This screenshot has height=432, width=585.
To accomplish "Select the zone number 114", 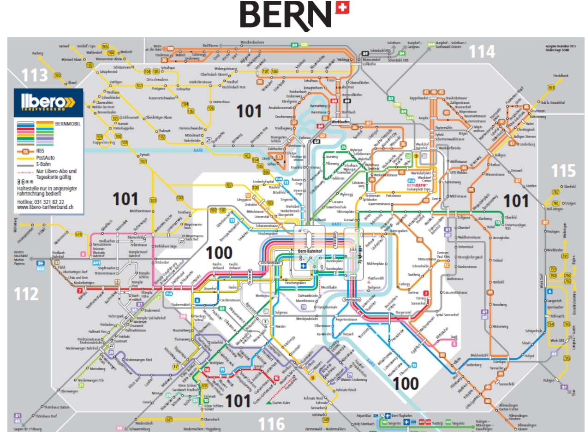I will point(482,51).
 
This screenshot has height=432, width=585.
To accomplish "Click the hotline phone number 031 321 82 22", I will point(48,202).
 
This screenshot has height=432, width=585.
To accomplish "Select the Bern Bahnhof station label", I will point(309,251).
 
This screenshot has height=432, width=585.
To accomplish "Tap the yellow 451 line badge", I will point(551,88).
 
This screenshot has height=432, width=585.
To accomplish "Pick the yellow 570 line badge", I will point(78,235).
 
